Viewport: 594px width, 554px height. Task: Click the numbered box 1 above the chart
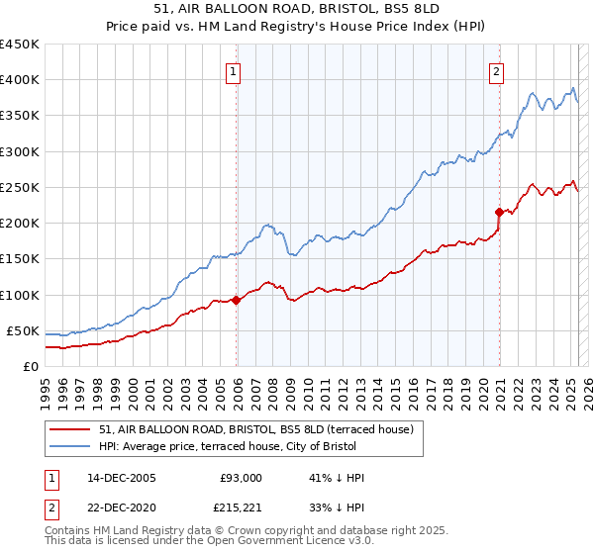pyautogui.click(x=232, y=71)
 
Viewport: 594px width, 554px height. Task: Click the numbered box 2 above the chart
pyautogui.click(x=495, y=71)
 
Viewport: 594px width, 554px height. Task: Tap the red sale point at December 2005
pyautogui.click(x=236, y=300)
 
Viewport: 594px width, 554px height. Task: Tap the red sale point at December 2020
pyautogui.click(x=499, y=212)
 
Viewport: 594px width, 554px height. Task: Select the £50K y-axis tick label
pyautogui.click(x=23, y=330)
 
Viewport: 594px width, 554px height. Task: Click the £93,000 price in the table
pyautogui.click(x=242, y=478)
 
